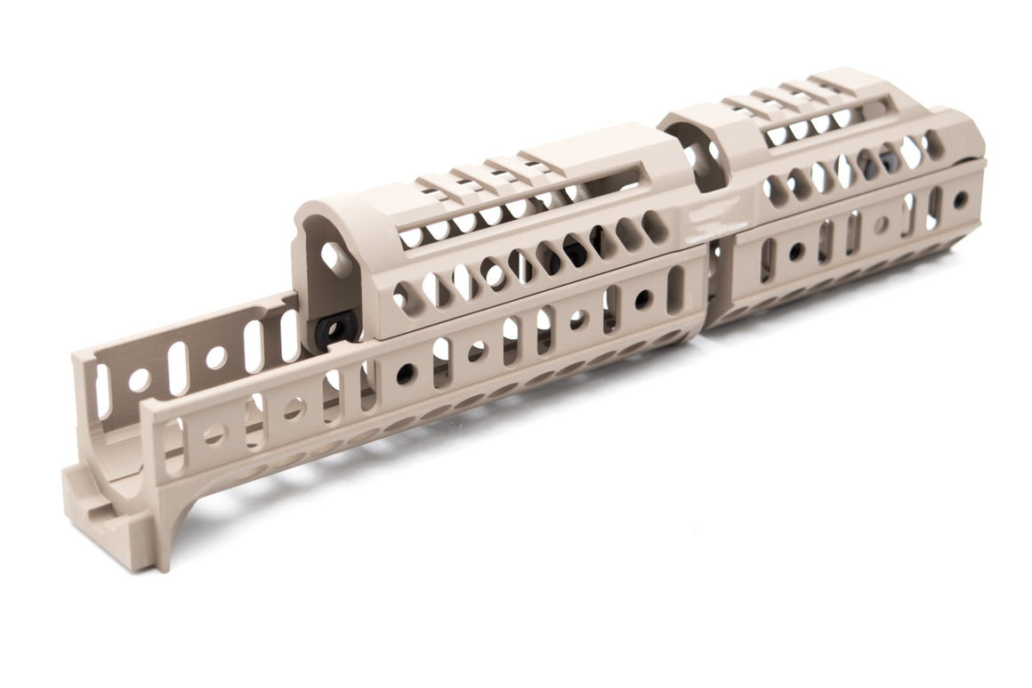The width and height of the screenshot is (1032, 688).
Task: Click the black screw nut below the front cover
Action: click(336, 330)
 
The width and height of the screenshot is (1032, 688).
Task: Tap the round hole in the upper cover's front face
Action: click(336, 258)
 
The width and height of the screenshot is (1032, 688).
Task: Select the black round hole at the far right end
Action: click(960, 199)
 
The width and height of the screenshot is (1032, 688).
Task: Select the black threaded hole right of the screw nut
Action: click(405, 374)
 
